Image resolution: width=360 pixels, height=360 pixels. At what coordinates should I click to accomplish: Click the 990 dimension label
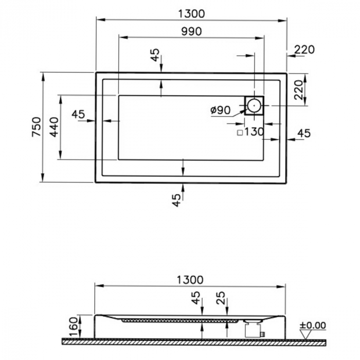tap(190, 31)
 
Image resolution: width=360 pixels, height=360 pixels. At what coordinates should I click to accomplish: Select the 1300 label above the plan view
tap(190, 14)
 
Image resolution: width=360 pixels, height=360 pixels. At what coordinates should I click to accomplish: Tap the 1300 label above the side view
tap(190, 280)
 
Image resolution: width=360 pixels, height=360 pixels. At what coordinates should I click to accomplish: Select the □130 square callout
tap(250, 132)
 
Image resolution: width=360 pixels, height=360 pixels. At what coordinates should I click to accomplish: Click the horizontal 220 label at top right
tap(304, 50)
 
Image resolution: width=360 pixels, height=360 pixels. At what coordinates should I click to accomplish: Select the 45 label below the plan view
tap(176, 200)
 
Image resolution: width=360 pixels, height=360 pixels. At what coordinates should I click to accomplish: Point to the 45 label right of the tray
tap(304, 133)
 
